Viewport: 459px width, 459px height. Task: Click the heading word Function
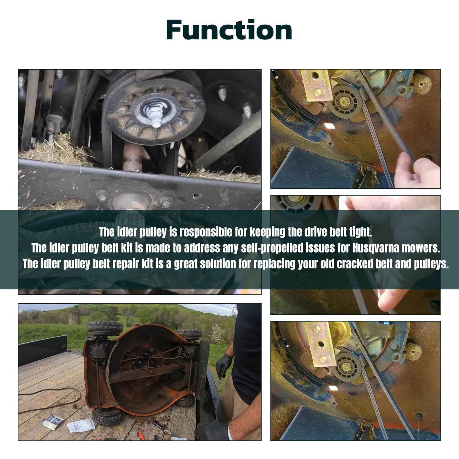click(x=229, y=30)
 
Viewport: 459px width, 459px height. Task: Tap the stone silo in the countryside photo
click(x=74, y=318)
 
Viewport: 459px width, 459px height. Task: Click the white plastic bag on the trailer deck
click(x=81, y=425)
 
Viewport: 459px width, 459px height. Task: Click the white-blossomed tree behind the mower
click(x=217, y=333)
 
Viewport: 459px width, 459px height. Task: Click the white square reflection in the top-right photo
click(x=330, y=126)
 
